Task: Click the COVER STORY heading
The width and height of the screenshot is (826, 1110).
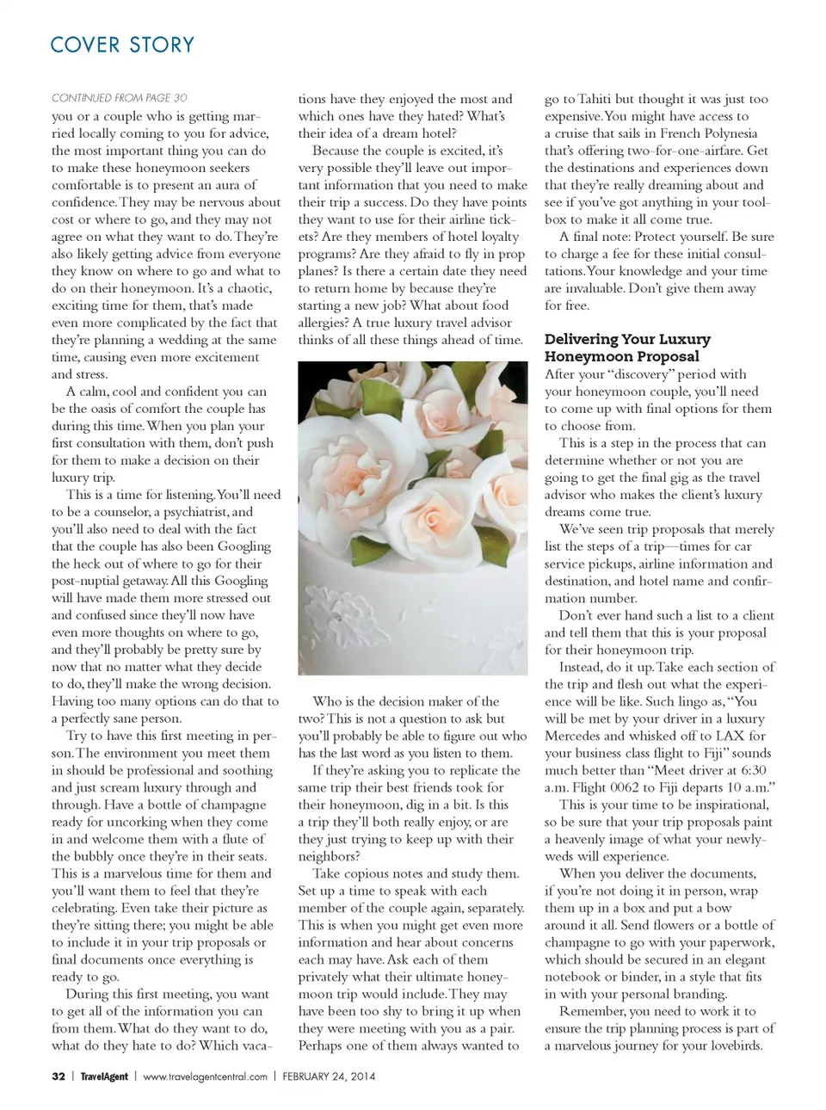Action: pyautogui.click(x=122, y=45)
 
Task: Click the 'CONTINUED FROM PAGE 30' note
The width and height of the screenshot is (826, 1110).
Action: pyautogui.click(x=119, y=98)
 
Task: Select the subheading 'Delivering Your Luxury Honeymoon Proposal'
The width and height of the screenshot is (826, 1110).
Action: pyautogui.click(x=627, y=348)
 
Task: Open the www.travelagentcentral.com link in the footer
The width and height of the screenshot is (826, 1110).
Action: pyautogui.click(x=205, y=1076)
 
